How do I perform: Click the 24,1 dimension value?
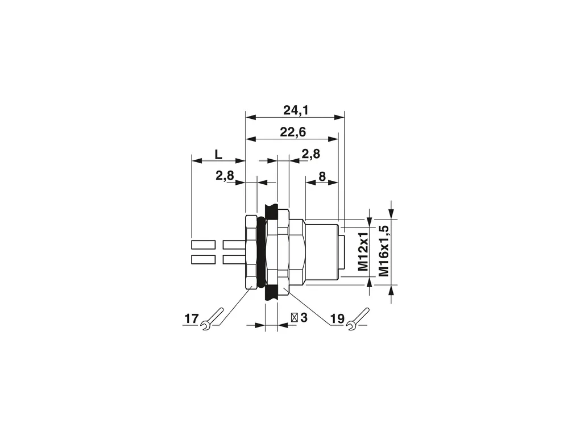click(296, 110)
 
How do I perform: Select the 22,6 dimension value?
click(293, 132)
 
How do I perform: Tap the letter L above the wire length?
click(218, 154)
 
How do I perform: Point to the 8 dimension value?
click(322, 176)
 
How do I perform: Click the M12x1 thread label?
click(363, 251)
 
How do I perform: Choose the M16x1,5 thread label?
click(384, 250)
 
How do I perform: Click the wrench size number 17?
click(191, 318)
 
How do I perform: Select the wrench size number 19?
click(337, 318)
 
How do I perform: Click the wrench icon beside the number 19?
click(358, 318)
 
